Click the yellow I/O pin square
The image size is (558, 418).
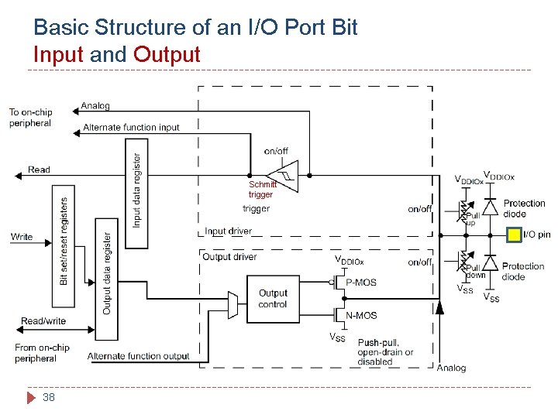(515, 234)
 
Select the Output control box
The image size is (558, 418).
(273, 299)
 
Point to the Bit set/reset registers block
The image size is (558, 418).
(64, 239)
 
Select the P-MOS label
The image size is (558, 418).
(360, 283)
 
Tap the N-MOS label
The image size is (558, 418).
(360, 315)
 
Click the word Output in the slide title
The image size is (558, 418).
(167, 55)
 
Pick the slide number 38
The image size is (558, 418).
(50, 398)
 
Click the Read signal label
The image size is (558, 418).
(39, 170)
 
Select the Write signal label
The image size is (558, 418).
(22, 236)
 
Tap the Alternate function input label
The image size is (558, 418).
(131, 128)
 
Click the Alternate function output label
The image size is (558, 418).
(138, 356)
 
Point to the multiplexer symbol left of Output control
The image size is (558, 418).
(233, 305)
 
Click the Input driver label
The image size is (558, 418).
(228, 231)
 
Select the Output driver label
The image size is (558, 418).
(229, 256)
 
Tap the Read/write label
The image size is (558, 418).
(43, 321)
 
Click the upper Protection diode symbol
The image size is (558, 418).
(490, 207)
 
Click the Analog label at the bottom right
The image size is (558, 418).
(451, 368)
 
